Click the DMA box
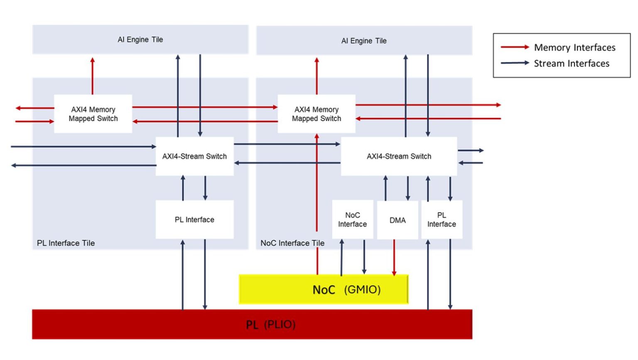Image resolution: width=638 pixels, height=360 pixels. [x=397, y=220]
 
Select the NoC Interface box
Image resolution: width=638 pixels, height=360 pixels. [x=352, y=220]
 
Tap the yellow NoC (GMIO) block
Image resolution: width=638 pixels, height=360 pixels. [x=324, y=289]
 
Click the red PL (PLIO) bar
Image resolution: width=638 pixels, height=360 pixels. [x=252, y=324]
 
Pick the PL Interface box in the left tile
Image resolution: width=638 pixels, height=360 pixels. [x=194, y=220]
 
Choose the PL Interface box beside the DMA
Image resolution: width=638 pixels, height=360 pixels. [x=442, y=220]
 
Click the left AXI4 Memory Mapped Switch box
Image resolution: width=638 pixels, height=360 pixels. [x=93, y=114]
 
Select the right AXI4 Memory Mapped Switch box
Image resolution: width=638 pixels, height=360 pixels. [x=316, y=114]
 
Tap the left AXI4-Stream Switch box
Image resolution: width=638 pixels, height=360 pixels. [x=194, y=156]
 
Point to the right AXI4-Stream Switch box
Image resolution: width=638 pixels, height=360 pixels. [x=399, y=156]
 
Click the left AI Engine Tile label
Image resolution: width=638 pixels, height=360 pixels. [x=140, y=39]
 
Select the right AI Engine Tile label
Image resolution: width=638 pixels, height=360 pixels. [x=364, y=41]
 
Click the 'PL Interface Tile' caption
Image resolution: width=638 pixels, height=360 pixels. [x=66, y=243]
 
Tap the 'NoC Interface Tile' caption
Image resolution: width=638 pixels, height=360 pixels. [x=292, y=243]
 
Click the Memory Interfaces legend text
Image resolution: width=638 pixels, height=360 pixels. [x=574, y=47]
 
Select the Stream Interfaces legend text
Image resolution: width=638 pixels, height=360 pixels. [x=572, y=64]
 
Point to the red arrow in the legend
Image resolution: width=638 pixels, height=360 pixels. [x=515, y=47]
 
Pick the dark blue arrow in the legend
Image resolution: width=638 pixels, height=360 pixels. [x=515, y=63]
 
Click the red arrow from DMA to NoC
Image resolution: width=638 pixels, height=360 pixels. [x=394, y=257]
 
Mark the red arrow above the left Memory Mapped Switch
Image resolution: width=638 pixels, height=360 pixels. [x=93, y=76]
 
